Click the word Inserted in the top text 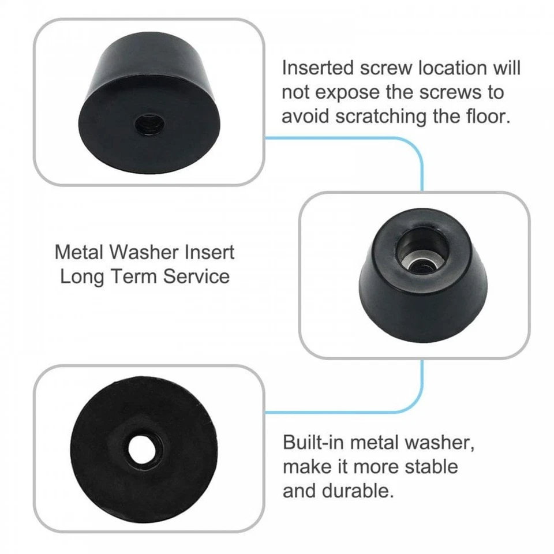[x=318, y=68]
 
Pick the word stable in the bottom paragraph [x=429, y=466]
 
